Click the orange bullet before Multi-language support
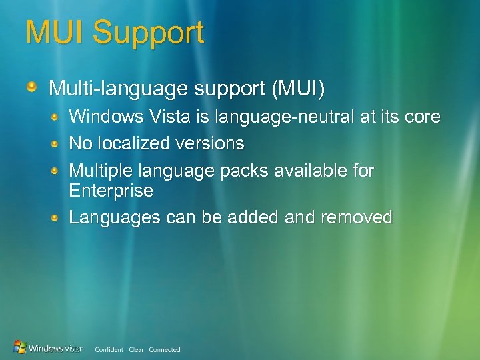(32, 87)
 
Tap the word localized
(136, 143)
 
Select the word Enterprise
(111, 191)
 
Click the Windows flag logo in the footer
(20, 347)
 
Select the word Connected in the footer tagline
(165, 349)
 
